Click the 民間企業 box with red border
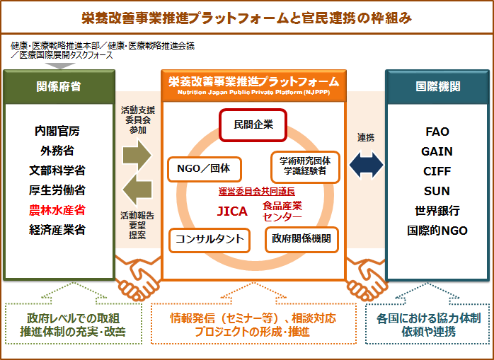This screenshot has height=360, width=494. [x=253, y=125]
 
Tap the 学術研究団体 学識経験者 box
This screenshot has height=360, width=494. [x=305, y=166]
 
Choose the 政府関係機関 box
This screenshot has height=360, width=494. [x=301, y=239]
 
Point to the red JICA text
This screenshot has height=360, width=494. [x=233, y=210]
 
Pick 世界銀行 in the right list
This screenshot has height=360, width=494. [x=437, y=211]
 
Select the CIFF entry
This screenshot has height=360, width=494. [x=437, y=171]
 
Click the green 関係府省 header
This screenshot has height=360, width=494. [x=58, y=86]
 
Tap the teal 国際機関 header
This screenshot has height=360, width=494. [x=437, y=86]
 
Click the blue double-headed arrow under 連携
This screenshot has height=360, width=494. [x=366, y=165]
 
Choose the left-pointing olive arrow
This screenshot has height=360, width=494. [x=137, y=190]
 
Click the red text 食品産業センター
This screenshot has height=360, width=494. [x=282, y=211]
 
